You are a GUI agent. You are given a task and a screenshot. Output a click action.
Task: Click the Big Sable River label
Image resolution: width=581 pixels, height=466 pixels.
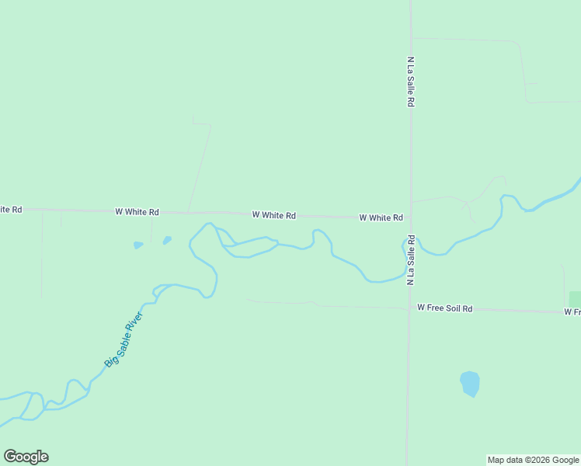pos(124,339)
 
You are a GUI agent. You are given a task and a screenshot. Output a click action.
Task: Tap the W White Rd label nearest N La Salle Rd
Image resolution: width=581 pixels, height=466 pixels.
pos(381,218)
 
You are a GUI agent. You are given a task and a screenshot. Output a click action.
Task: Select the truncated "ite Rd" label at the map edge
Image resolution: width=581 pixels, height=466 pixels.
pos(11,210)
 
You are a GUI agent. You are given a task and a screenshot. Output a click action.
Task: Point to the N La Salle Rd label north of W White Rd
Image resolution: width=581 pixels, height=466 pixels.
pos(409,81)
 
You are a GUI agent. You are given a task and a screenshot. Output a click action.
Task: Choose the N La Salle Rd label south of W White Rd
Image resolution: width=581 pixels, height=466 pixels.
pos(409,260)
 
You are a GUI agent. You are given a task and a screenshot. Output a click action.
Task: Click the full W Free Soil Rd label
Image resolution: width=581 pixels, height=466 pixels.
pos(444,308)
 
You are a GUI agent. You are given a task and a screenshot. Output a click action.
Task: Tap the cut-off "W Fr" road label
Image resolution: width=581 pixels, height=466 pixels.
pos(572,311)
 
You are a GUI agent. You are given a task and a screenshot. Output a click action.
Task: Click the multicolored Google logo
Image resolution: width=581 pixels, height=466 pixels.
pos(26,457)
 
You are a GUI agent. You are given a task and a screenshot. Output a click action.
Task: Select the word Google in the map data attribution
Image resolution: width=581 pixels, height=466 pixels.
pos(565,460)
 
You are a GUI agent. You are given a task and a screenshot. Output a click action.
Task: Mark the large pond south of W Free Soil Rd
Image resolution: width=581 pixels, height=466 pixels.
pos(470,383)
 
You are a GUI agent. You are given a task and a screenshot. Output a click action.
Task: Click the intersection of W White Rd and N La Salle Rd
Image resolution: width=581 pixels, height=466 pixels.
pos(410,218)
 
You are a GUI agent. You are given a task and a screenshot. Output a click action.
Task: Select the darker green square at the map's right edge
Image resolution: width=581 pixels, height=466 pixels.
pos(575,299)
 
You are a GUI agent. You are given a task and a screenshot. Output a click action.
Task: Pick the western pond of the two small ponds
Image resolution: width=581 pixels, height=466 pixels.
pos(138,245)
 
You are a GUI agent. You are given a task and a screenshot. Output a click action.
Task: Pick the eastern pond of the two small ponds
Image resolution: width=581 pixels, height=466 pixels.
pos(167,241)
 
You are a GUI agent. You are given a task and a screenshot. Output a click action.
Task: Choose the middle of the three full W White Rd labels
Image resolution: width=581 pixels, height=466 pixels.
pos(273,215)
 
